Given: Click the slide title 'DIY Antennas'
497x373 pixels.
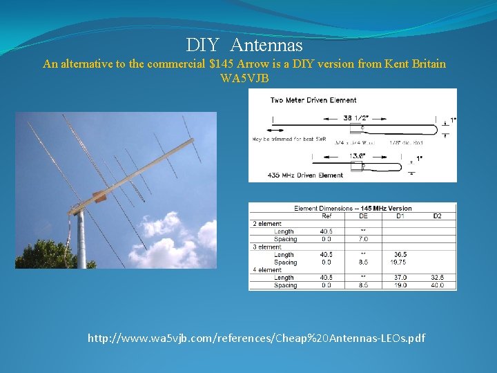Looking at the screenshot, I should (x=244, y=46).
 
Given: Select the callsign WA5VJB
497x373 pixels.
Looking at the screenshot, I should (x=244, y=78).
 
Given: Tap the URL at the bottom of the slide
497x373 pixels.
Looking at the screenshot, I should (x=256, y=338).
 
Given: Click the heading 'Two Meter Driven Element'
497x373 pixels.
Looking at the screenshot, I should (x=313, y=100).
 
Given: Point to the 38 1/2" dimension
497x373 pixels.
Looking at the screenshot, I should (x=355, y=117).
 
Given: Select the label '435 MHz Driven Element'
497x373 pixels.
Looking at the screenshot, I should (x=305, y=175).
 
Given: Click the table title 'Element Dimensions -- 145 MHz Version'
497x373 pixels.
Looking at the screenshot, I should (x=352, y=208).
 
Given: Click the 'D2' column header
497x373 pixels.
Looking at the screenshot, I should (x=436, y=216).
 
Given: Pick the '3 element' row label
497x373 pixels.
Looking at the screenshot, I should (x=266, y=247).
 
